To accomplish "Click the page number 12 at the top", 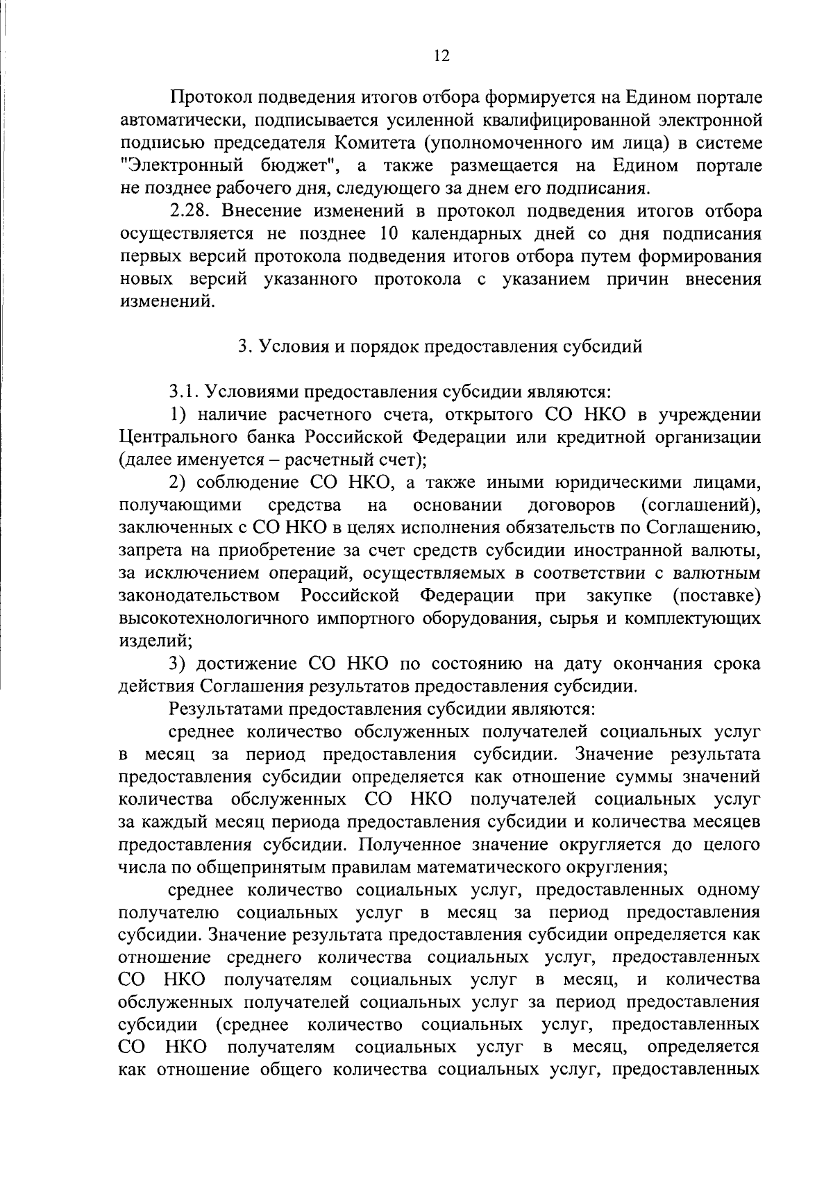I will tap(441, 56).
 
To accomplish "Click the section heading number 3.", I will tap(242, 346).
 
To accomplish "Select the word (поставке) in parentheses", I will tap(717, 596).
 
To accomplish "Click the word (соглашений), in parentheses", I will tap(702, 505).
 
